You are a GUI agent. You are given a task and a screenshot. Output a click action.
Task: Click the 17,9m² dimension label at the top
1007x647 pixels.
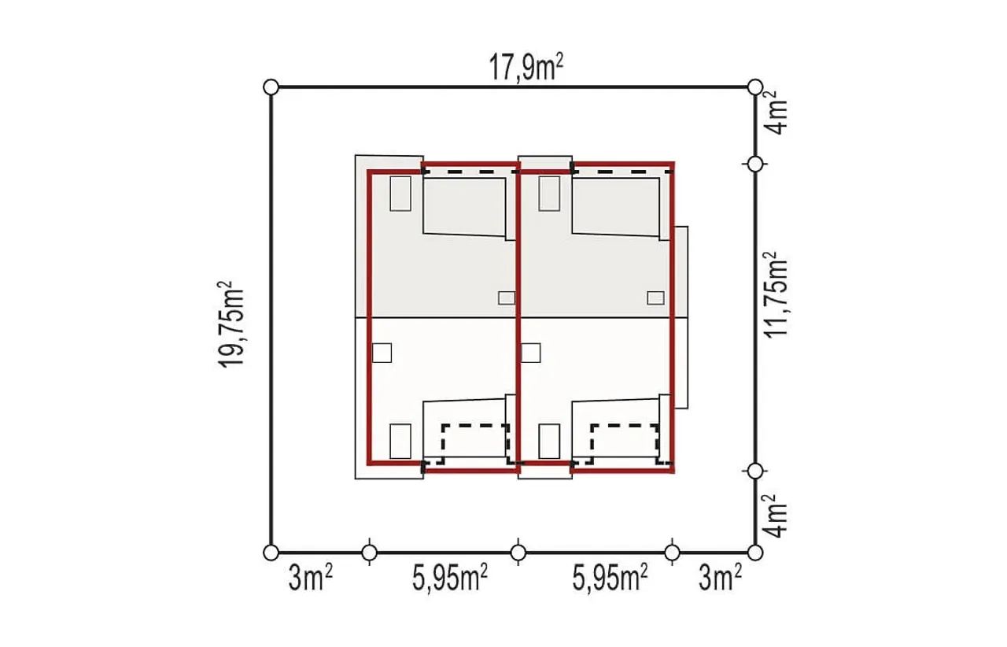[526, 68]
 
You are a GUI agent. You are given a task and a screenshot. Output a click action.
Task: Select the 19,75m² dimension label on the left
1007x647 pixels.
[231, 324]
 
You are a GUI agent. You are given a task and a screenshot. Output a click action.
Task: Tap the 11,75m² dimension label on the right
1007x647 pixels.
[776, 294]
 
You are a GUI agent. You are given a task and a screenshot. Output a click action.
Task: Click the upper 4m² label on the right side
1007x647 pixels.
[776, 113]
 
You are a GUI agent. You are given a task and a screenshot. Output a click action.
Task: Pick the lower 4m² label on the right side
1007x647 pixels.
[776, 516]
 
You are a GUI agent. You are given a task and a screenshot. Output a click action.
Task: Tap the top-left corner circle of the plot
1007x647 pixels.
[271, 87]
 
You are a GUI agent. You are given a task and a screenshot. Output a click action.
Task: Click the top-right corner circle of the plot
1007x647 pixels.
[755, 87]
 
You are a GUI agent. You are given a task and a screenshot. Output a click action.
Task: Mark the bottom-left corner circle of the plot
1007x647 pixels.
[271, 553]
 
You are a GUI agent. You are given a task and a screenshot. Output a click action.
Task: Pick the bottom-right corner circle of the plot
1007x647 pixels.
[755, 553]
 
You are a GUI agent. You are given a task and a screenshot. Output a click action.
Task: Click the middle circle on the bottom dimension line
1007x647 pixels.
[518, 553]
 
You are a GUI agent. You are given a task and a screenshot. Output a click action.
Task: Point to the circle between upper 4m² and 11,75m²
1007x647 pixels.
[755, 165]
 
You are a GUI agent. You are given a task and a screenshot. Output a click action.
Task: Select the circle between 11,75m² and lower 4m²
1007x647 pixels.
[755, 471]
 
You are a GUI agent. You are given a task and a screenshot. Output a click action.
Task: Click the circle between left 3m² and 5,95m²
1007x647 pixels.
[370, 553]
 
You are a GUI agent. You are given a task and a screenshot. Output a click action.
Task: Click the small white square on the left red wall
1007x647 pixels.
[382, 353]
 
